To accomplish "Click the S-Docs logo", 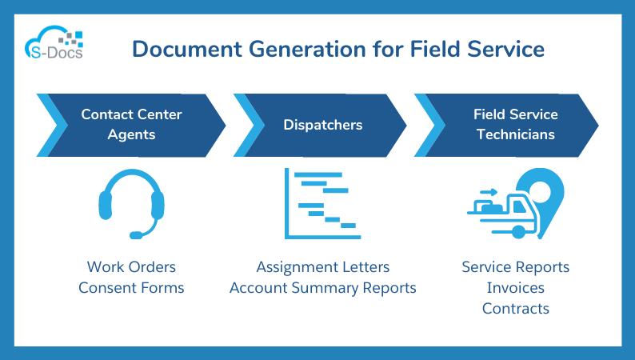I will click(x=54, y=45).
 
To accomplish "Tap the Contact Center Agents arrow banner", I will click(x=131, y=124).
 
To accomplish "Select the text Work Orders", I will click(x=131, y=266).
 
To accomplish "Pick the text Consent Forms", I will click(x=131, y=287).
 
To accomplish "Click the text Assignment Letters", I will click(x=323, y=266).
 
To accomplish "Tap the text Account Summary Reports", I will click(x=323, y=287).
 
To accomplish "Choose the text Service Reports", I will click(x=515, y=266).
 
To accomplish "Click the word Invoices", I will click(x=515, y=287).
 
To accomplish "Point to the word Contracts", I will click(x=515, y=308).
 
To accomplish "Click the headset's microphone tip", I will click(x=136, y=235).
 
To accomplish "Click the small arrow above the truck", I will click(x=489, y=192).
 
